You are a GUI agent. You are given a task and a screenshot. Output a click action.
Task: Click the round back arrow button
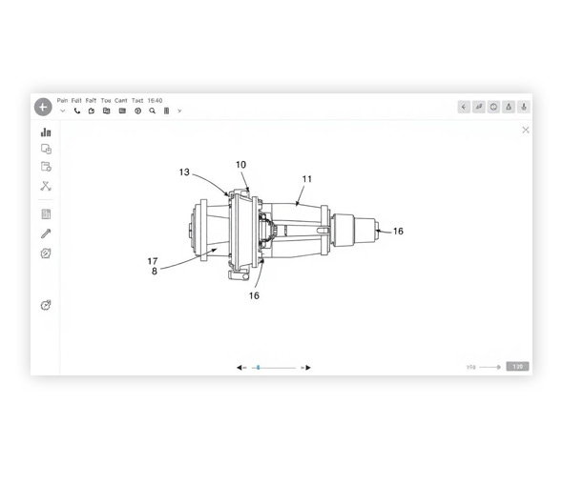43,107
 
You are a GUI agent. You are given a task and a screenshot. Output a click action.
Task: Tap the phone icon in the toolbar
77,111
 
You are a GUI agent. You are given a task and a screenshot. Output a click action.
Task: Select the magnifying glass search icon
152,111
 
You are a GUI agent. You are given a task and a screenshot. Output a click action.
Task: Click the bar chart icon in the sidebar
46,132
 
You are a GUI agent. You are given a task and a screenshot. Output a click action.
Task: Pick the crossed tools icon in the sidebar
46,186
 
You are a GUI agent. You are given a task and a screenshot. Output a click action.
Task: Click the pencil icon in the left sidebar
46,233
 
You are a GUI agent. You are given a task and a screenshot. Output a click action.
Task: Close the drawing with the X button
525,130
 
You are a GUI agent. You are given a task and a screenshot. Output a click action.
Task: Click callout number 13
184,172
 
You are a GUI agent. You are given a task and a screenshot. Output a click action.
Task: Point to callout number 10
240,165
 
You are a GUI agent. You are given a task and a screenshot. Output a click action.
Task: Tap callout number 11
306,179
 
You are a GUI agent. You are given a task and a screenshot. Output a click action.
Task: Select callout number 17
153,260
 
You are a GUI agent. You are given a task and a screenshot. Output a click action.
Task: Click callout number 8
155,271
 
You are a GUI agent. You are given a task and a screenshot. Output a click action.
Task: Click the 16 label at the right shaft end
398,232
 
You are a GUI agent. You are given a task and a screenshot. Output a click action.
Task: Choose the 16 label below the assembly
254,295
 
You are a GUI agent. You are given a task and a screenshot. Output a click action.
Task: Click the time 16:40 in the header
155,100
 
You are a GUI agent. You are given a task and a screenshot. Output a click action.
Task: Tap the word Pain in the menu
62,100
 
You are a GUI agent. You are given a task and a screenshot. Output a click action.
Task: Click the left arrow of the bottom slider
241,367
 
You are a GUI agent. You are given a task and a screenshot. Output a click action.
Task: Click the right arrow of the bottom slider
306,367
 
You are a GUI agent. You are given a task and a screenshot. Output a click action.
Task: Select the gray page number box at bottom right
517,367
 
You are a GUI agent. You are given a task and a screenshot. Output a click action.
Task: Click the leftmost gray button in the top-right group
464,107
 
